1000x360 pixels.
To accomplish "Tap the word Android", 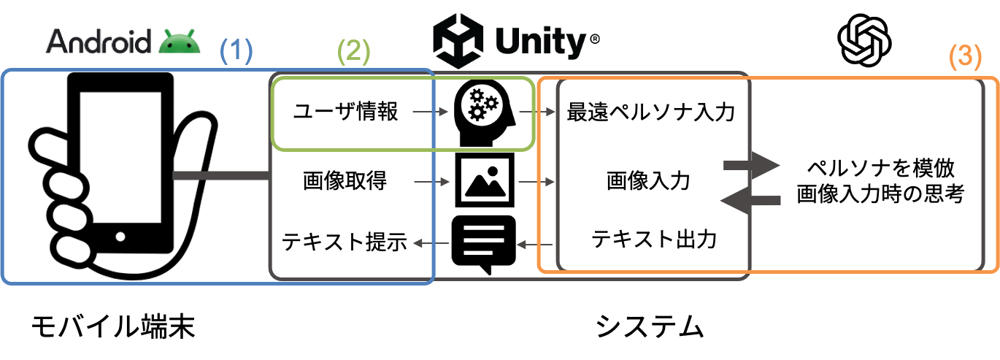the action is click(99, 42).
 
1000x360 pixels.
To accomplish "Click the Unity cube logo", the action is click(458, 41).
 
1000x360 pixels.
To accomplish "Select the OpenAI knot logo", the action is click(864, 41).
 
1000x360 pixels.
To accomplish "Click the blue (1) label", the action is click(236, 50).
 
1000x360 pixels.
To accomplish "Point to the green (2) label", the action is click(353, 51).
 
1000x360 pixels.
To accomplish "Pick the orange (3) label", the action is click(965, 57).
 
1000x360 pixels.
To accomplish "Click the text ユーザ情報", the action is click(345, 111).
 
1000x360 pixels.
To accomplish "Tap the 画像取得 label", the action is click(345, 181).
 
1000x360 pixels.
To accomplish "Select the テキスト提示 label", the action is click(345, 242).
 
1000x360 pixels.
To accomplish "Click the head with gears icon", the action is click(484, 112).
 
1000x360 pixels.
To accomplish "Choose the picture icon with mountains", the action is click(485, 180).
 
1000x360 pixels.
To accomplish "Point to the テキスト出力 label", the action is click(654, 239).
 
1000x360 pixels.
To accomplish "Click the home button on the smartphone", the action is click(120, 237).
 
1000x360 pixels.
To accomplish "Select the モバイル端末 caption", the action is click(113, 326).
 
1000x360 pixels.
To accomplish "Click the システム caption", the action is click(650, 326).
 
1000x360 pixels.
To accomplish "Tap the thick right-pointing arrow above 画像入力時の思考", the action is click(751, 166).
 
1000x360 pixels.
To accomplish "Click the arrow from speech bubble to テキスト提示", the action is click(431, 243).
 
